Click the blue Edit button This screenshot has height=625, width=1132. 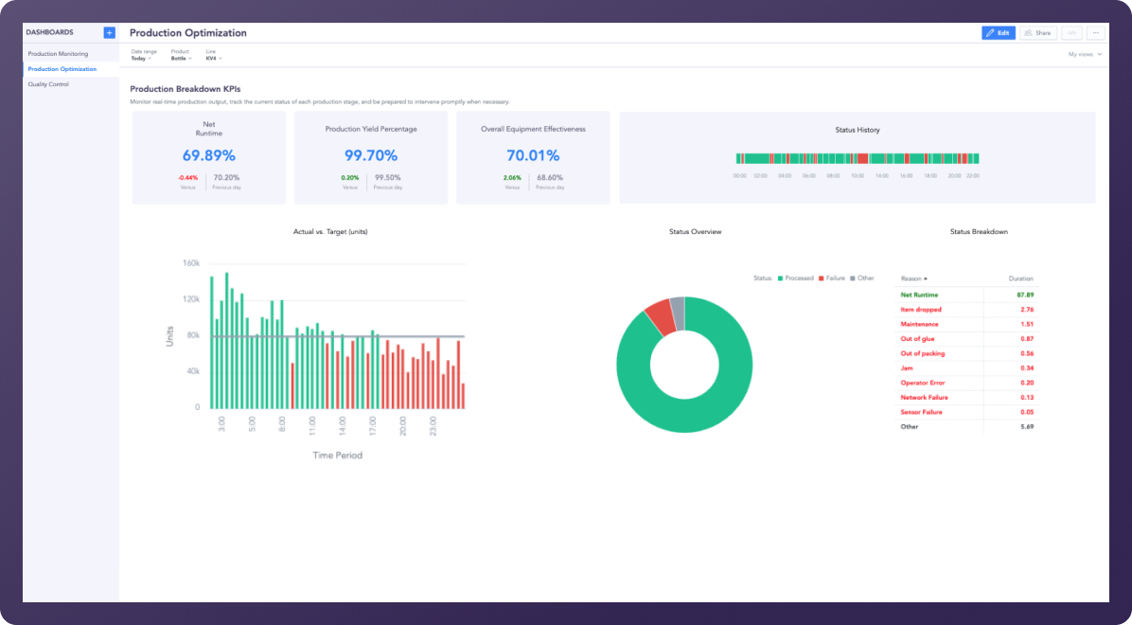coord(998,32)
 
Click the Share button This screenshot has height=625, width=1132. coord(1037,32)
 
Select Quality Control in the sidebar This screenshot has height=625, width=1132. coord(48,84)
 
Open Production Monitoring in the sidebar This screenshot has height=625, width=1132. coord(58,54)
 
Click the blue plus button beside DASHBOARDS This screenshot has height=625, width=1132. coord(110,32)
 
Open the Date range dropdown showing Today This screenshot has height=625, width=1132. coord(141,58)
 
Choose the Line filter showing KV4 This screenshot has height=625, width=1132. coord(213,58)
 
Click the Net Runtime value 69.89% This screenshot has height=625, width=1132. coord(209,155)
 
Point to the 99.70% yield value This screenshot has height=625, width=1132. coord(371,155)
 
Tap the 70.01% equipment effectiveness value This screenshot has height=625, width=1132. coord(533,155)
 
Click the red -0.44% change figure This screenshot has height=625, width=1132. coord(188,177)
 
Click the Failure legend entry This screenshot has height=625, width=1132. coord(832,278)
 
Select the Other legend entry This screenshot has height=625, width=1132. coord(862,278)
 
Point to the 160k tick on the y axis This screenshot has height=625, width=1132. coord(189,262)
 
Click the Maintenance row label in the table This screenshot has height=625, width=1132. coord(920,324)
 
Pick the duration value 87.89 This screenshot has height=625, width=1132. coord(1024,295)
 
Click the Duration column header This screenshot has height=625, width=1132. coord(1021,279)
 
